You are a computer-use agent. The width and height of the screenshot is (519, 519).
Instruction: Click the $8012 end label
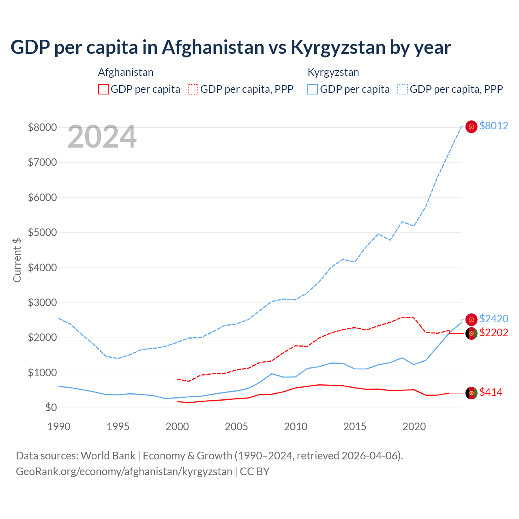click(493, 126)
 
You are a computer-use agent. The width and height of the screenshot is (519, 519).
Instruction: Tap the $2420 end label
click(493, 319)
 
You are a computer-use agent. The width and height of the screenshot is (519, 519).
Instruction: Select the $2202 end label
click(493, 332)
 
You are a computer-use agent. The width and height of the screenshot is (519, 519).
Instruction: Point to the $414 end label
click(491, 392)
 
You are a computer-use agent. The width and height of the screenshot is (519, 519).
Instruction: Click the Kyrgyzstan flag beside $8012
click(471, 127)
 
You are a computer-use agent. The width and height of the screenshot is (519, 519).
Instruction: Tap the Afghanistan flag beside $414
click(471, 393)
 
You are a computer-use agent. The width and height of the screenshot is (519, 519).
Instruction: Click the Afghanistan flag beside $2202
click(471, 333)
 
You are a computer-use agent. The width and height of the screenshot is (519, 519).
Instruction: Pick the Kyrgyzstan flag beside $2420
click(471, 320)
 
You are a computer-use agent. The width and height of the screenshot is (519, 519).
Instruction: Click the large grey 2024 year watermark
click(102, 137)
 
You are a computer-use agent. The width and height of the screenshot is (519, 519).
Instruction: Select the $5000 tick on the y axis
click(42, 232)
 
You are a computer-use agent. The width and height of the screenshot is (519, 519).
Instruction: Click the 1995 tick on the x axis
click(118, 427)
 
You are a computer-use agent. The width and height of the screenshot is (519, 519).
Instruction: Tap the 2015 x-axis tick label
click(355, 427)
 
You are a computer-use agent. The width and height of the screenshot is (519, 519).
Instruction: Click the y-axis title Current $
click(17, 260)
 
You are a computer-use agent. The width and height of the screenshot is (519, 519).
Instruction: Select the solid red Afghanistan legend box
click(103, 89)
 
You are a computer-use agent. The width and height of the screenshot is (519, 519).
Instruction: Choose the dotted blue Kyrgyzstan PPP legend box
click(403, 89)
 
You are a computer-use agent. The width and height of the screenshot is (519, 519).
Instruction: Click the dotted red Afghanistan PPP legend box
click(193, 89)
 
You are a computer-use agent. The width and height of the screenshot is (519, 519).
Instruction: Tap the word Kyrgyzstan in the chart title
click(338, 47)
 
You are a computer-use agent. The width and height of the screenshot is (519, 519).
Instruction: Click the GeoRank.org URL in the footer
click(124, 472)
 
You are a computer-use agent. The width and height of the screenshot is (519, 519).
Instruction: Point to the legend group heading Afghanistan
click(126, 72)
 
